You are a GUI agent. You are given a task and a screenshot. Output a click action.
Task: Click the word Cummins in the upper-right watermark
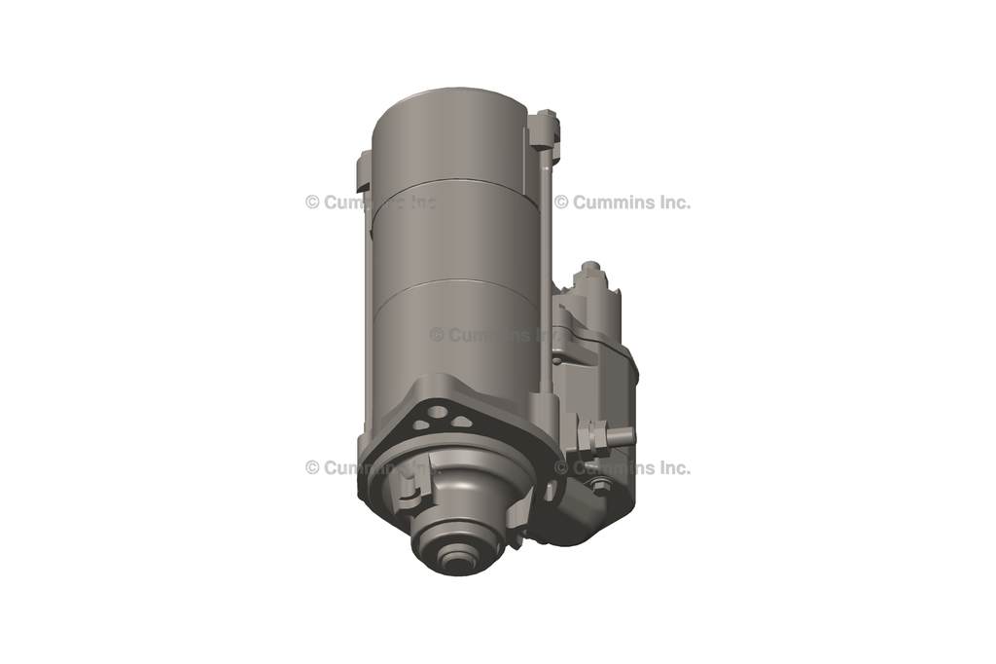[x=610, y=203]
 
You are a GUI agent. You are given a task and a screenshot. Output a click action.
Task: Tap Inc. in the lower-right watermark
[x=672, y=467]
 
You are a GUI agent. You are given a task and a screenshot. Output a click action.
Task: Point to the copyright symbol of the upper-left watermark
[x=312, y=203]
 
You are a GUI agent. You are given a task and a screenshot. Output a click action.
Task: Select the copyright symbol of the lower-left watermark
[x=312, y=467]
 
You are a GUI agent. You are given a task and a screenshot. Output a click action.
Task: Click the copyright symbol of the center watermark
[x=437, y=335]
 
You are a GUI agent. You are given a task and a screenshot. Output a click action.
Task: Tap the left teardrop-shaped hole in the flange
[x=418, y=424]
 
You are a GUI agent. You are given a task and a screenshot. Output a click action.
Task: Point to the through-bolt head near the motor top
[x=545, y=125]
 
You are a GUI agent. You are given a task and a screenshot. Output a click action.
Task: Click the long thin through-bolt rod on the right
[x=546, y=273]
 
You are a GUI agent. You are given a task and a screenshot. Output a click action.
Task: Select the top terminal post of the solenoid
[x=589, y=270]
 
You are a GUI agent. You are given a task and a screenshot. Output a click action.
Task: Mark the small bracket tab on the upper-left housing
[x=363, y=171]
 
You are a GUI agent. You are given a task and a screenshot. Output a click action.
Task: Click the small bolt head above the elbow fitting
[x=601, y=484]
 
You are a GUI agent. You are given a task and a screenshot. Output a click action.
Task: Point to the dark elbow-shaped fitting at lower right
[x=588, y=511]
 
